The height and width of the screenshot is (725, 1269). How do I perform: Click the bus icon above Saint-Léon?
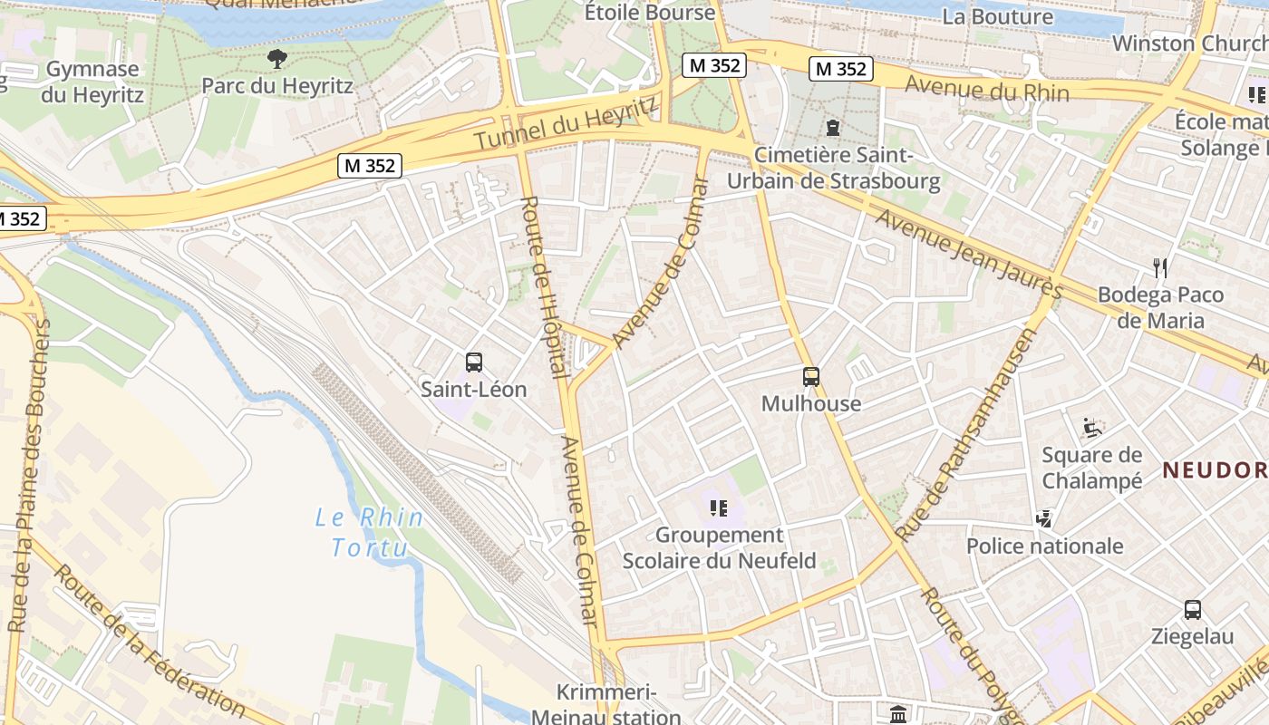473,362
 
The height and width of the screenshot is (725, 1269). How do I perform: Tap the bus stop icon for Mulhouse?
811,377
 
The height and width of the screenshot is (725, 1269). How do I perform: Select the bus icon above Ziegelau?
1193,610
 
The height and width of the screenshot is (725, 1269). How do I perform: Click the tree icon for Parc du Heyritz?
277,60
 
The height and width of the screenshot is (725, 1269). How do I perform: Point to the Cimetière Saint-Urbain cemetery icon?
833,128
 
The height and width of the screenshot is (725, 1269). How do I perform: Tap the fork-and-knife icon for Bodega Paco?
1159,267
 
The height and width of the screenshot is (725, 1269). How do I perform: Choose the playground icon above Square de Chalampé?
1092,427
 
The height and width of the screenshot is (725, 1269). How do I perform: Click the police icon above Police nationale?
1044,518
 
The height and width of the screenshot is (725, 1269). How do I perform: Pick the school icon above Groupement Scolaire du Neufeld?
719,508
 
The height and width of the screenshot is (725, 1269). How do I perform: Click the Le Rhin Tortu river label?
368,532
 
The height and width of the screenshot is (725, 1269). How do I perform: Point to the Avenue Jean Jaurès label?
967,255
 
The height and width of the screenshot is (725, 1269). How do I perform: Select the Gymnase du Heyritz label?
92,82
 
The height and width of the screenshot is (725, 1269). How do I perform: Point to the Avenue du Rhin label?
987,90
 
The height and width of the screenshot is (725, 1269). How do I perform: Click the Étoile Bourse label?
650,13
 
